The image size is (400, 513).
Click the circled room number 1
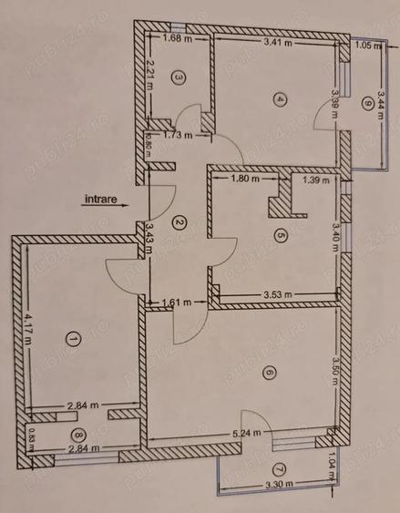[74, 339]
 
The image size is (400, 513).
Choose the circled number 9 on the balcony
[366, 102]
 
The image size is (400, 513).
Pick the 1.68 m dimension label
[177, 40]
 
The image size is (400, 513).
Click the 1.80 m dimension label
[246, 180]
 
